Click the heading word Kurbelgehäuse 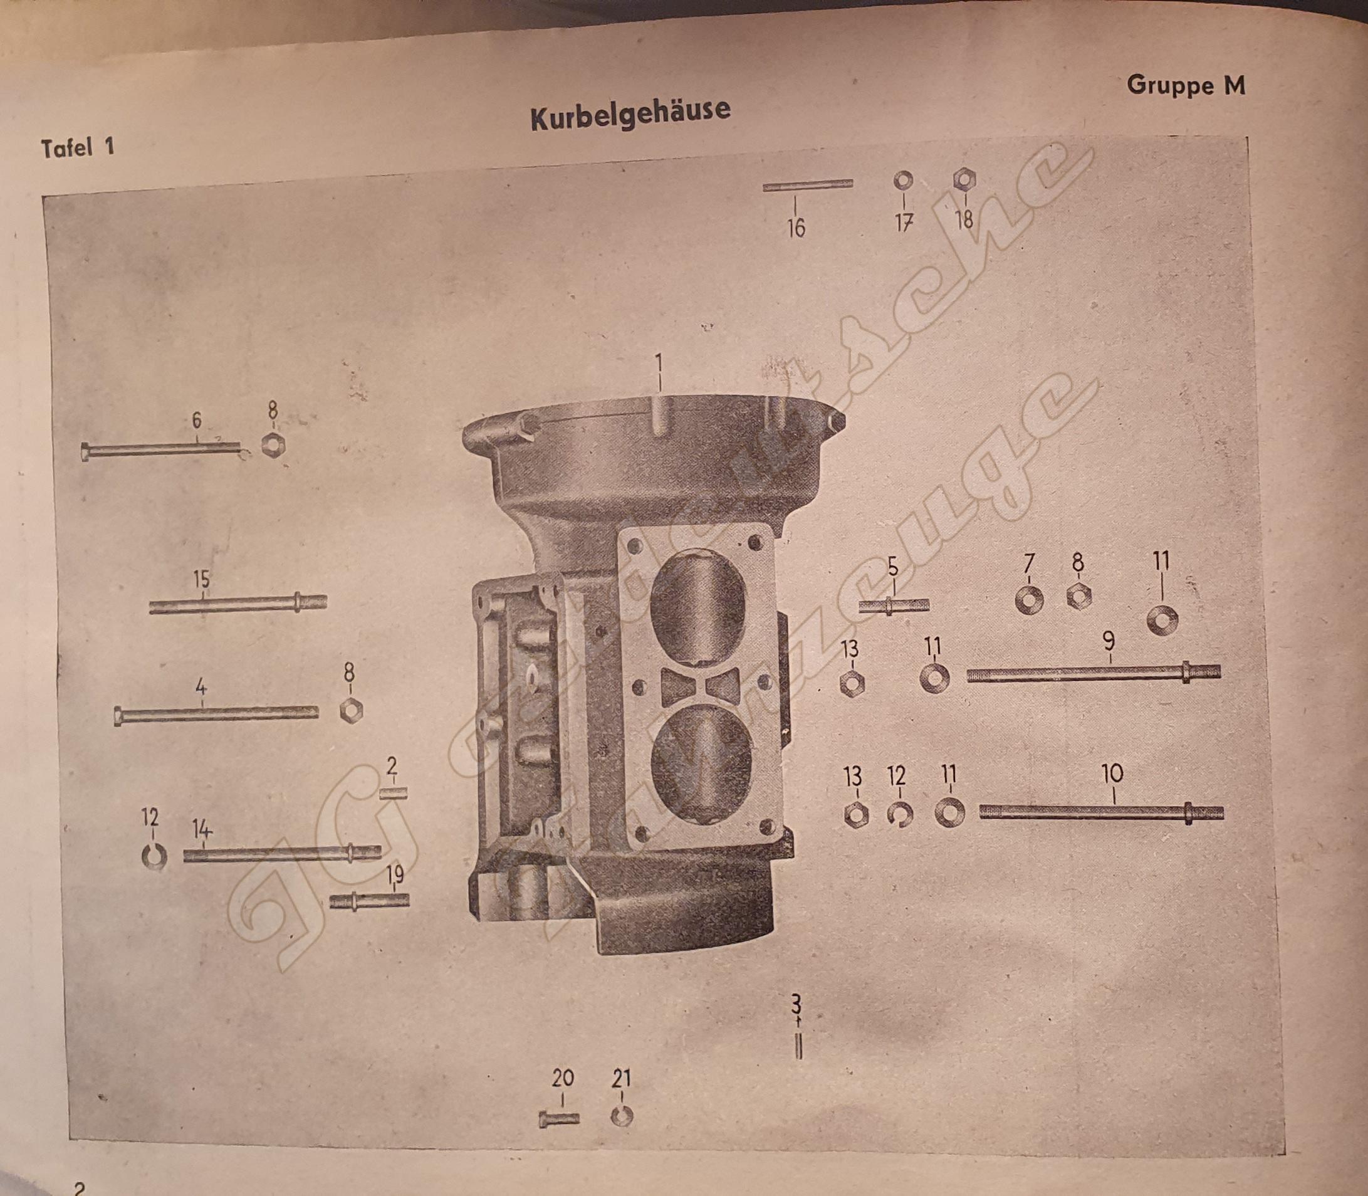click(x=630, y=113)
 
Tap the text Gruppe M click(x=1185, y=85)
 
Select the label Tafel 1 click(x=78, y=147)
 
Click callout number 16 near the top click(x=795, y=228)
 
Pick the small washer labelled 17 click(x=904, y=180)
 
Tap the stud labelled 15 click(x=238, y=605)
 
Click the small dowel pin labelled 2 click(x=394, y=794)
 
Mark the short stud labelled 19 click(x=369, y=901)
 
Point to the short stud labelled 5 click(x=893, y=606)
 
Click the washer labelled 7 click(x=1028, y=600)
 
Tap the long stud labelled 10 click(x=1101, y=813)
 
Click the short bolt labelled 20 click(x=559, y=1118)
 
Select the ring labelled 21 click(x=622, y=1116)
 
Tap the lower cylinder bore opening click(x=699, y=762)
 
